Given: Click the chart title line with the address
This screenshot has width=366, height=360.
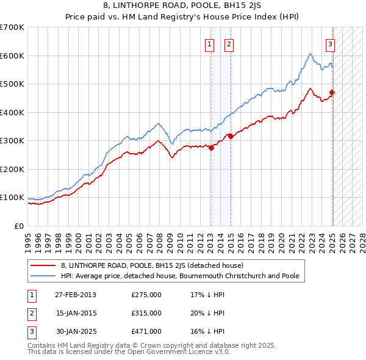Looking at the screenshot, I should pyautogui.click(x=182, y=6).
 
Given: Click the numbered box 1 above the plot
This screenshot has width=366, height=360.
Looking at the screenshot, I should pyautogui.click(x=209, y=44).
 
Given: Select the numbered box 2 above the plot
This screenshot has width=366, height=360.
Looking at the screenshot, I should pyautogui.click(x=229, y=44).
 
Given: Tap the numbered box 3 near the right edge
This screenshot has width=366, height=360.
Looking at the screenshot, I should pyautogui.click(x=330, y=44).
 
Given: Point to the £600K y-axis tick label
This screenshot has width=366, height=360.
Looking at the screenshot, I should pyautogui.click(x=12, y=56).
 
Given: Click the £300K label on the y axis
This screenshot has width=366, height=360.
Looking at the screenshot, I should pyautogui.click(x=12, y=141).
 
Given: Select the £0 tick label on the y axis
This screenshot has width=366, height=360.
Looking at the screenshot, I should pyautogui.click(x=20, y=226).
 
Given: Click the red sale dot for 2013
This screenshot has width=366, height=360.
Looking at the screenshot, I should pyautogui.click(x=211, y=147).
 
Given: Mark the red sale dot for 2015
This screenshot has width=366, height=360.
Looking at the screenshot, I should pyautogui.click(x=231, y=137).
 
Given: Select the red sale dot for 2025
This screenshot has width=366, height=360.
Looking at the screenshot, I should pyautogui.click(x=332, y=93).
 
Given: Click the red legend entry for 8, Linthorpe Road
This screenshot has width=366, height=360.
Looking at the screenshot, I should pyautogui.click(x=152, y=266).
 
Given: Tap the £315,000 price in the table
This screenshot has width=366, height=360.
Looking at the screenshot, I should pyautogui.click(x=146, y=313).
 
